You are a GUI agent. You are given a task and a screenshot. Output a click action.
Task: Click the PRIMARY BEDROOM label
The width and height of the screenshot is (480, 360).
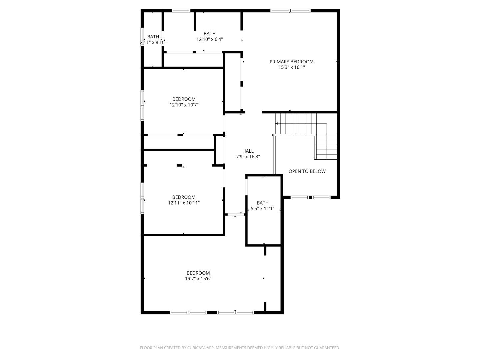[291, 62]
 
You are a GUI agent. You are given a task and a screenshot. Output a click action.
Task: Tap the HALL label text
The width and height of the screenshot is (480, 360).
[248, 151]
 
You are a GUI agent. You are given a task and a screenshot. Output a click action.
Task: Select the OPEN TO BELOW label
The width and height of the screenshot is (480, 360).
[307, 171]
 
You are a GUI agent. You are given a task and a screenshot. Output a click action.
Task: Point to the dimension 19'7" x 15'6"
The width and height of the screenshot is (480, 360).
[198, 278]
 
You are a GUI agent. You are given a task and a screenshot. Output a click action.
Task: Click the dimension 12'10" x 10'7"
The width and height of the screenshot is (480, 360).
[184, 105]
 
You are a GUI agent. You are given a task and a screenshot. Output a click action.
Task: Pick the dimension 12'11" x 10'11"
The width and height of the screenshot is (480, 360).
[184, 203]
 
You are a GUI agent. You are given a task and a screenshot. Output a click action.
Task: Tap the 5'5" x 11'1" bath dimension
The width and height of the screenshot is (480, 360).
[262, 208]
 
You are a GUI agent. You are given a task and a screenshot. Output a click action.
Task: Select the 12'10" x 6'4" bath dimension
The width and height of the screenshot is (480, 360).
[209, 39]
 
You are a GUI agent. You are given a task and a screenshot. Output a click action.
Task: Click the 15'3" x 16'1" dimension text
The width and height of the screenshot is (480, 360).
[291, 67]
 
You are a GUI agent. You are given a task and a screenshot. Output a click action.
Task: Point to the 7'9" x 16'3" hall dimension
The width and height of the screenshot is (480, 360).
[248, 157]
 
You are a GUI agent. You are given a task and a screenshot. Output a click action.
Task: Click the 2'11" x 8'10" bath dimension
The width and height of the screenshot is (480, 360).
[153, 42]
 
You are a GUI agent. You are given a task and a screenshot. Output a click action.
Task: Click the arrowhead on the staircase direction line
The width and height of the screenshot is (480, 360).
[277, 123]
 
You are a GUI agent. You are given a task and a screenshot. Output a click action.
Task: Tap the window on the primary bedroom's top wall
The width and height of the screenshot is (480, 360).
[290, 10]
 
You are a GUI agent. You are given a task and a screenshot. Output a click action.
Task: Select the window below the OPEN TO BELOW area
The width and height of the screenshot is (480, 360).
[310, 197]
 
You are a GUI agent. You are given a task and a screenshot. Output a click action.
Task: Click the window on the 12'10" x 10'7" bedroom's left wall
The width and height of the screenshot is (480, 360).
[142, 105]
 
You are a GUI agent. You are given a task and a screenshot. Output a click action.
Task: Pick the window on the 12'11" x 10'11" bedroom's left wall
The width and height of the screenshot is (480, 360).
[142, 198]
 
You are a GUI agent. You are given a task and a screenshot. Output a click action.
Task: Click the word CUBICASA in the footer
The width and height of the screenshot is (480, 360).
[196, 348]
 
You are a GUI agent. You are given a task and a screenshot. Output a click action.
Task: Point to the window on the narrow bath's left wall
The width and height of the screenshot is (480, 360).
[142, 37]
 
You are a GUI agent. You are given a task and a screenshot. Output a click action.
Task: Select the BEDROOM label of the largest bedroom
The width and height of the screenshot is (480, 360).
[198, 273]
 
